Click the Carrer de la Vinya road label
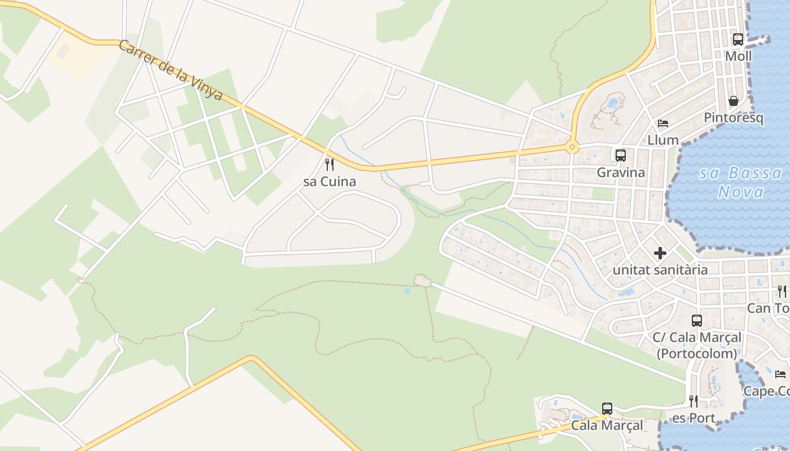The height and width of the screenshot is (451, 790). (170, 70)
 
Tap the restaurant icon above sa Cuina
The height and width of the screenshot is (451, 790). (330, 164)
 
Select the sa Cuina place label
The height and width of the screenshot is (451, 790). (330, 182)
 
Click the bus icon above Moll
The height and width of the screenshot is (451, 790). (738, 39)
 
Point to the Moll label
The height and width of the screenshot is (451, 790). (738, 56)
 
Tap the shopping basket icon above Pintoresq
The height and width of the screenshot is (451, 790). (734, 101)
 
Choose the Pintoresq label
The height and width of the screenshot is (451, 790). (733, 118)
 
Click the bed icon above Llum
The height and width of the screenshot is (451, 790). (663, 123)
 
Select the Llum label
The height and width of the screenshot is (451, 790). (663, 140)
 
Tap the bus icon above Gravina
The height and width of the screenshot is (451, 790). (621, 155)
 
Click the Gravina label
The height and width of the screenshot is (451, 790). (621, 172)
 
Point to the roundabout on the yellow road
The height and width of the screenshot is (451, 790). (572, 148)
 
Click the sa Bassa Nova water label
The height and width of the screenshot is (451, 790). (741, 182)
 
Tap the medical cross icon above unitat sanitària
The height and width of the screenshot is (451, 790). (660, 253)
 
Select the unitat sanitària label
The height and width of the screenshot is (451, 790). (660, 270)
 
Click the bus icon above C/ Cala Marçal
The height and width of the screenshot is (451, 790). (697, 321)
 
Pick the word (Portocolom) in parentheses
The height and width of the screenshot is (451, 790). (697, 353)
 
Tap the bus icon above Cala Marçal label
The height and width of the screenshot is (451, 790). (607, 409)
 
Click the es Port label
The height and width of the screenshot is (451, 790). (694, 418)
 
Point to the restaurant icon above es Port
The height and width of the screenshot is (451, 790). (694, 401)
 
